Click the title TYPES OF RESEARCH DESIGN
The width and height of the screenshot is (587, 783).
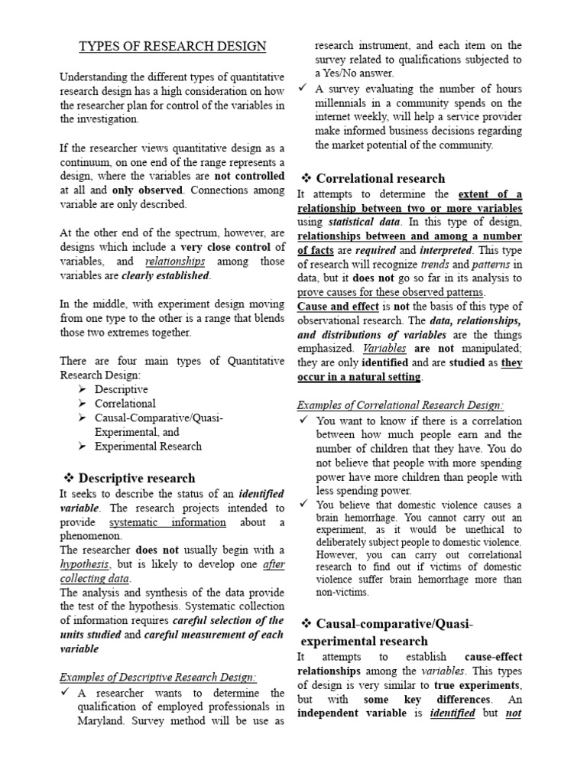[x=174, y=47]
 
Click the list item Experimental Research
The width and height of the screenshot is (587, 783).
[x=148, y=446]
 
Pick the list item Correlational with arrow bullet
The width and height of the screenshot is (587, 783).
[x=125, y=403]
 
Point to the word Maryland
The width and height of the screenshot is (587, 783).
[x=102, y=720]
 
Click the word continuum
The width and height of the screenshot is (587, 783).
[x=86, y=162]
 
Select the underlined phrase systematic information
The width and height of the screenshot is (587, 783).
[x=167, y=522]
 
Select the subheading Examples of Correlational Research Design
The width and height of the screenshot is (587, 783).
[x=400, y=404]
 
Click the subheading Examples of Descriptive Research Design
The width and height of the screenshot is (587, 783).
[x=158, y=677]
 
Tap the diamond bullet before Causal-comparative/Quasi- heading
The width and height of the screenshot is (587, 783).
[x=303, y=624]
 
